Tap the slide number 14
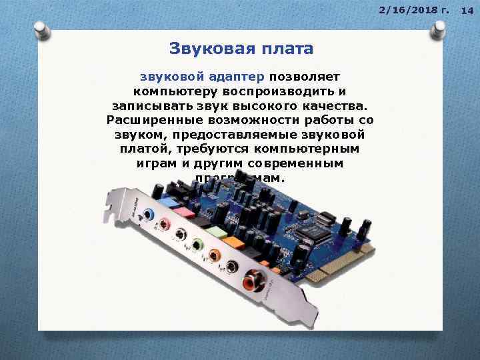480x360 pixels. [x=467, y=9]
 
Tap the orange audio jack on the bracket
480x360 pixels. [x=214, y=255]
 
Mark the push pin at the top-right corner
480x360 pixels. [x=440, y=28]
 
